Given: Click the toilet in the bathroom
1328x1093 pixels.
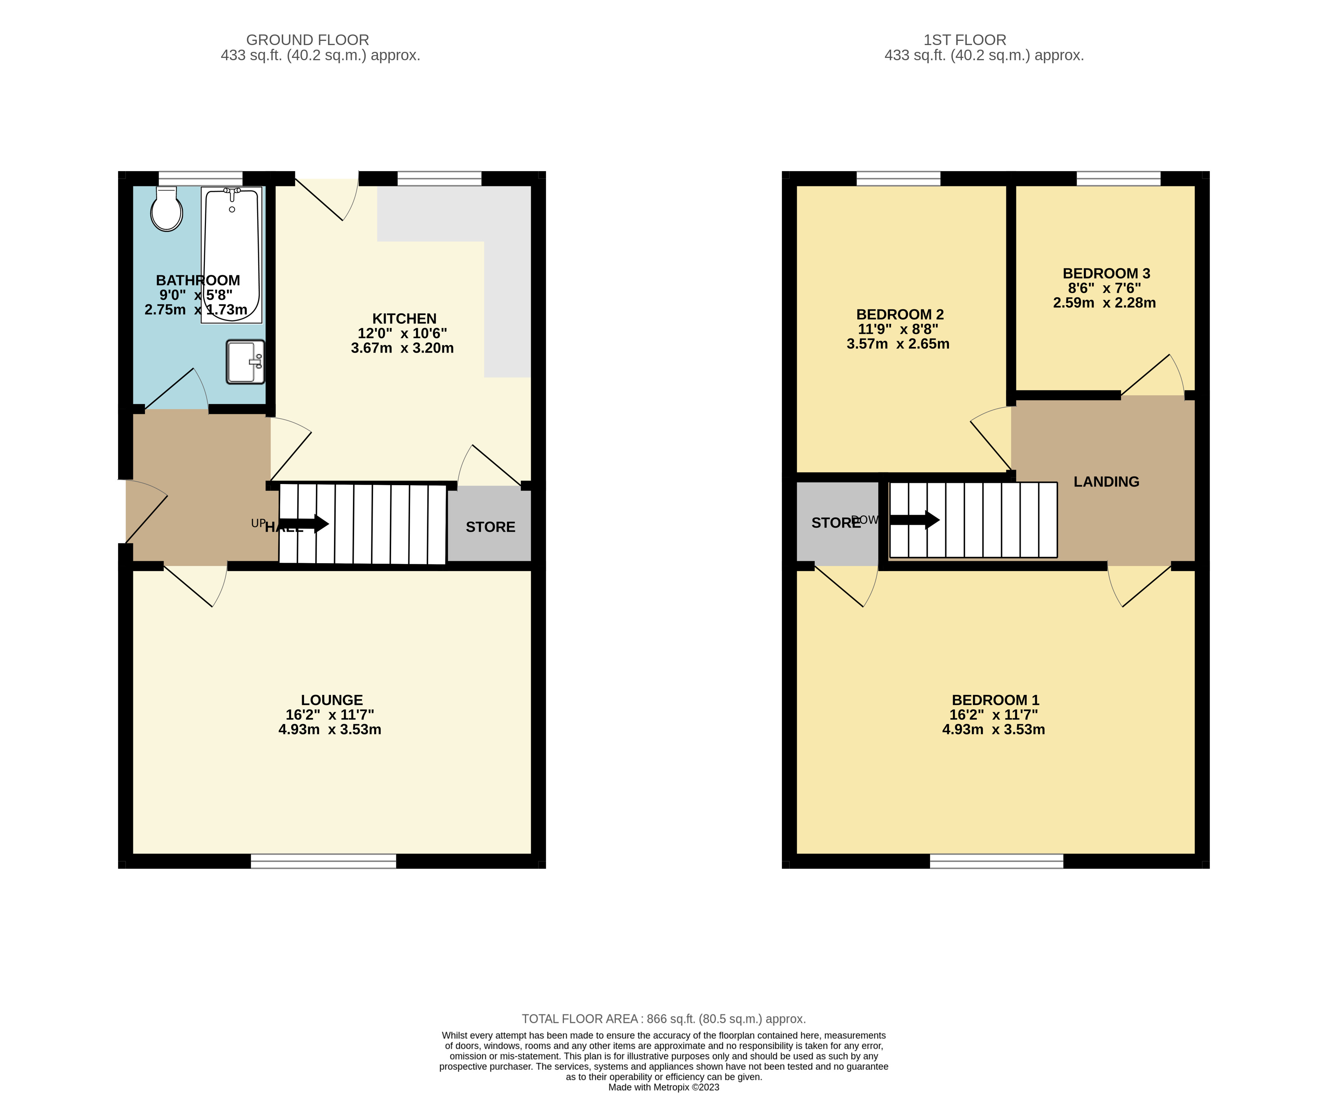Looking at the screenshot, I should click(x=166, y=210).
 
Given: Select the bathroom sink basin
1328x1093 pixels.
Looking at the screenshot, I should click(x=245, y=362).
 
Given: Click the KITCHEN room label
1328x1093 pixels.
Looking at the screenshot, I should click(x=404, y=319).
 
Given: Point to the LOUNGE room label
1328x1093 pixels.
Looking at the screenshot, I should click(x=332, y=700).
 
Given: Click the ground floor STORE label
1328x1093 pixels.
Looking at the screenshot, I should click(x=490, y=527).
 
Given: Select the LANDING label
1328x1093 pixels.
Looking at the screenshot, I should click(x=1106, y=482).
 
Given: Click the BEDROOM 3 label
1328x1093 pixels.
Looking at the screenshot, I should click(x=1106, y=273).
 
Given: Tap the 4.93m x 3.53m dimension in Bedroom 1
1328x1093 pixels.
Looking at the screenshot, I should click(x=993, y=730).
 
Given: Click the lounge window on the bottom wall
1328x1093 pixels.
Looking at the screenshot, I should click(x=323, y=861).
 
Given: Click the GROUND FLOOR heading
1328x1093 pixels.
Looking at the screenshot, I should click(x=307, y=40).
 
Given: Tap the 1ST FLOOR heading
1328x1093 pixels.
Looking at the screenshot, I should click(x=964, y=40).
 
